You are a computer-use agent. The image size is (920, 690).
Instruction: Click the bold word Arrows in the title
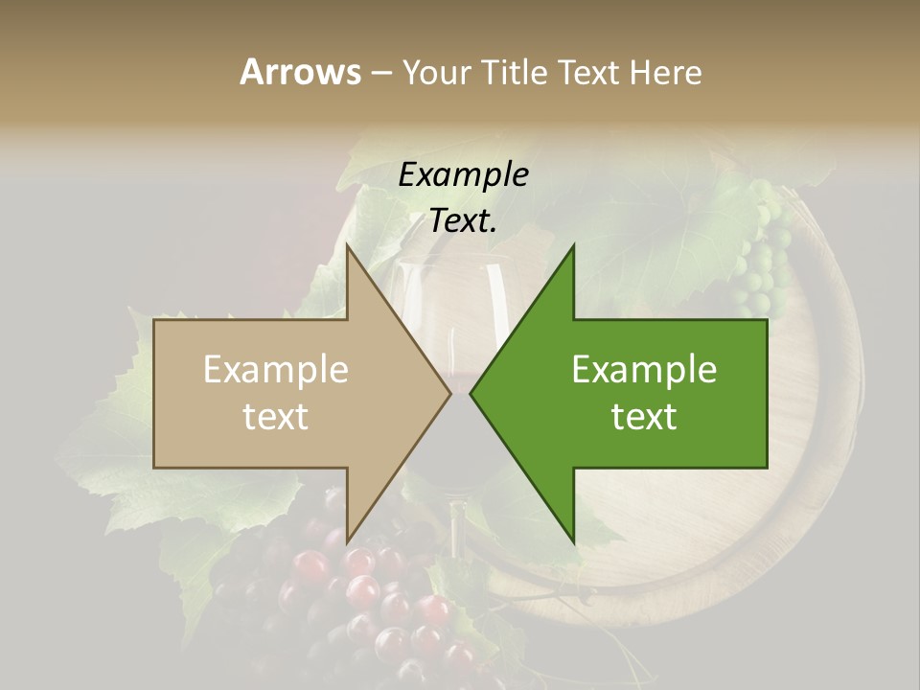click(300, 72)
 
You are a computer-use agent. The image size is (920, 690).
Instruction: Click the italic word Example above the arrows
click(463, 175)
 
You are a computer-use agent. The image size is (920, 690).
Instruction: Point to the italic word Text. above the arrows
click(463, 221)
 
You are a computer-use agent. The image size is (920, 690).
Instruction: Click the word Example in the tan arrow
click(276, 370)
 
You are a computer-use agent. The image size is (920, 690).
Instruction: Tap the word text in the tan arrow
click(276, 417)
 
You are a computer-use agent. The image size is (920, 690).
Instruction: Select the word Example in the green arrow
click(644, 370)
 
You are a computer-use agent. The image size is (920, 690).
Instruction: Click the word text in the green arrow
click(644, 417)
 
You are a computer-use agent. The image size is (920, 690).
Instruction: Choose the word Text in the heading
click(591, 72)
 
